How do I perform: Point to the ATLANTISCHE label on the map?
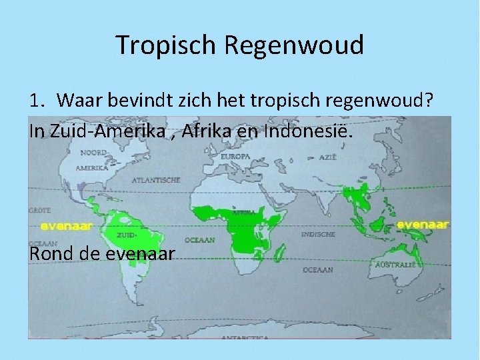(x=155, y=180)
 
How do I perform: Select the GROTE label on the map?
(x=39, y=210)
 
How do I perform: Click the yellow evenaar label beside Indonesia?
(x=423, y=225)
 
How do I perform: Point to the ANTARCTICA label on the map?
(x=247, y=338)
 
